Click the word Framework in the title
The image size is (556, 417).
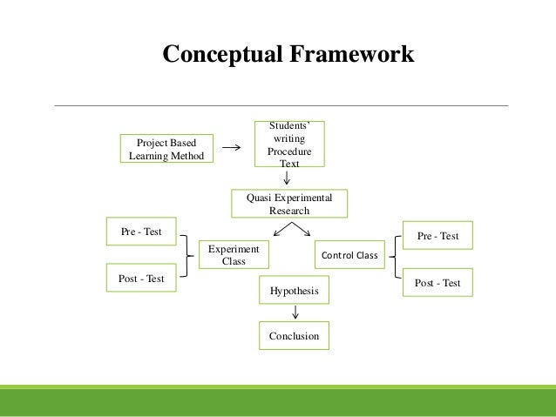pyautogui.click(x=351, y=55)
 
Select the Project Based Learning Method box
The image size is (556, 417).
pyautogui.click(x=166, y=149)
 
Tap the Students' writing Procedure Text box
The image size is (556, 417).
pyautogui.click(x=288, y=145)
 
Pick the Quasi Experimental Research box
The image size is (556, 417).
pyautogui.click(x=288, y=204)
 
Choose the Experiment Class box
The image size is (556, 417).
pyautogui.click(x=234, y=255)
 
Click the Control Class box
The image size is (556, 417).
pyautogui.click(x=349, y=256)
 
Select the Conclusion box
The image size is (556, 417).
pyautogui.click(x=294, y=335)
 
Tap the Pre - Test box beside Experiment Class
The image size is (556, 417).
pyautogui.click(x=141, y=232)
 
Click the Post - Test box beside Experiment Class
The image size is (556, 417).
pyautogui.click(x=141, y=278)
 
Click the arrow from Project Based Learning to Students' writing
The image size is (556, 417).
pyautogui.click(x=233, y=148)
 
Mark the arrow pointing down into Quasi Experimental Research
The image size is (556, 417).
pyautogui.click(x=288, y=177)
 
